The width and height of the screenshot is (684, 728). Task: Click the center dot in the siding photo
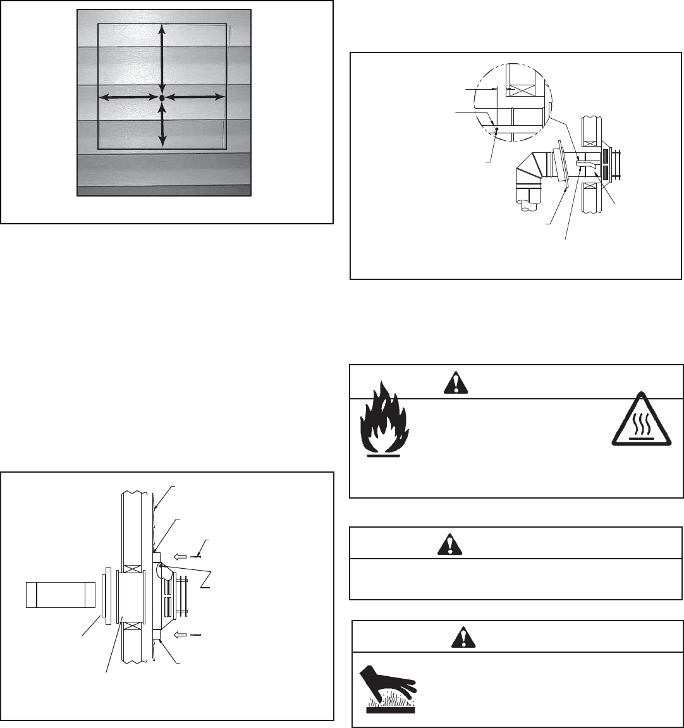(x=162, y=98)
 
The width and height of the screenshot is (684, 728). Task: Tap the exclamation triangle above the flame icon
(x=453, y=382)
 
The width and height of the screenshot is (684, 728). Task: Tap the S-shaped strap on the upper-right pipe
(x=586, y=163)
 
